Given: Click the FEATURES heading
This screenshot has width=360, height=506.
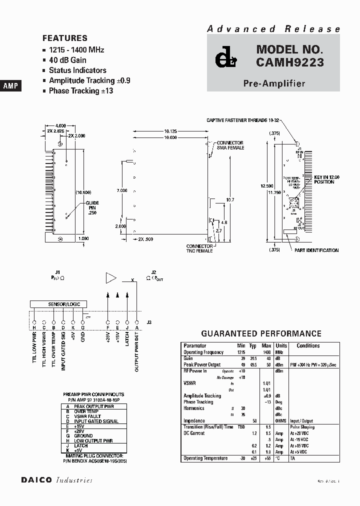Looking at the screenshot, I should coord(65,38).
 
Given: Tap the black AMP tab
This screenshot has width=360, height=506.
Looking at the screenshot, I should coord(10,86).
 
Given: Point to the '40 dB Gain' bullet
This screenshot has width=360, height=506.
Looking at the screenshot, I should coord(67,60).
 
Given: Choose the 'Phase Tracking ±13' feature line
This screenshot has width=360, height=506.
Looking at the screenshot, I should coord(80,91).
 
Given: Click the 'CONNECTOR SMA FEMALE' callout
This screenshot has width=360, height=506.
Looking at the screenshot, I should coord(230,145).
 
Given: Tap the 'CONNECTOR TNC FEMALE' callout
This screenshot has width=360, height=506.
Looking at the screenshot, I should coord(199,248).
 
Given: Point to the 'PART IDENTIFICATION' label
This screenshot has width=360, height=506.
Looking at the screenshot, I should coord(316,250).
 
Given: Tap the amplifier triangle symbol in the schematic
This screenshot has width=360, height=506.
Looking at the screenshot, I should coord(110,278).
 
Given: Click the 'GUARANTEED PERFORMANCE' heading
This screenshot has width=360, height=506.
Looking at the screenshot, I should coord(261,333).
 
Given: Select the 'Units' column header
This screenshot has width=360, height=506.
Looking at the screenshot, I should coord(281,345).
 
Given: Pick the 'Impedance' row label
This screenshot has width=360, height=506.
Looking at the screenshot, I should coord(194,421).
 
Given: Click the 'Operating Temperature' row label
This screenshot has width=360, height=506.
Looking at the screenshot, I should coord(205,458).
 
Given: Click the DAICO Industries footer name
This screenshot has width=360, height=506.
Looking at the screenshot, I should coord(56,480).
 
